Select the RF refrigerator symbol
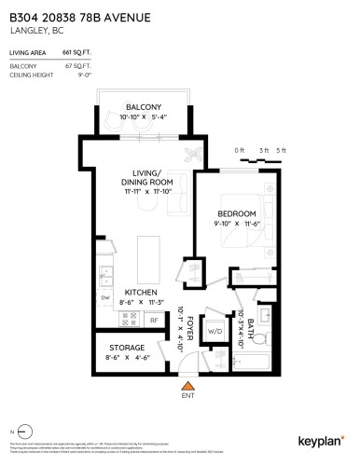pyautogui.click(x=154, y=319)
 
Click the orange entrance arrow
pyautogui.click(x=187, y=385)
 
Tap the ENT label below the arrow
pyautogui.click(x=187, y=398)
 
